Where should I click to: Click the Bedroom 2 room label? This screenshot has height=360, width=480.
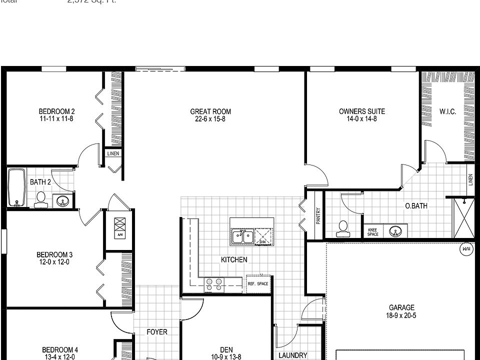pyautogui.click(x=57, y=111)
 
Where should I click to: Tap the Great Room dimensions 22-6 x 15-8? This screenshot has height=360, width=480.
pyautogui.click(x=210, y=119)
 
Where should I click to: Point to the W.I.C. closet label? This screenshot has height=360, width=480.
pyautogui.click(x=447, y=112)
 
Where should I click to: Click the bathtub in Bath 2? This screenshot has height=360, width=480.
pyautogui.click(x=16, y=187)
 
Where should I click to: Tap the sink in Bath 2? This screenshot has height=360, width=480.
pyautogui.click(x=62, y=201)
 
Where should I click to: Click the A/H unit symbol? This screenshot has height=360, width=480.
pyautogui.click(x=120, y=227)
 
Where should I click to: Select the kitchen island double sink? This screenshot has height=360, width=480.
pyautogui.click(x=242, y=236)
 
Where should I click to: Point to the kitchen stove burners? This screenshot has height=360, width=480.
pyautogui.click(x=215, y=284)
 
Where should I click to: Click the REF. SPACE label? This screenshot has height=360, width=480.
pyautogui.click(x=258, y=284)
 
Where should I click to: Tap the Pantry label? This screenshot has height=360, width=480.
pyautogui.click(x=318, y=215)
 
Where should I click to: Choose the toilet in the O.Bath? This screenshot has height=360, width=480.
pyautogui.click(x=343, y=229)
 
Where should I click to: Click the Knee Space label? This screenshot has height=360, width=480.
pyautogui.click(x=372, y=232)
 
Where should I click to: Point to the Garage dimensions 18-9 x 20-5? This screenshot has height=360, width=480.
pyautogui.click(x=401, y=315)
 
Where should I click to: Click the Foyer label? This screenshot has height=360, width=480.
pyautogui.click(x=157, y=332)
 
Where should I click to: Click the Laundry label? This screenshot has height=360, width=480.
pyautogui.click(x=293, y=355)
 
